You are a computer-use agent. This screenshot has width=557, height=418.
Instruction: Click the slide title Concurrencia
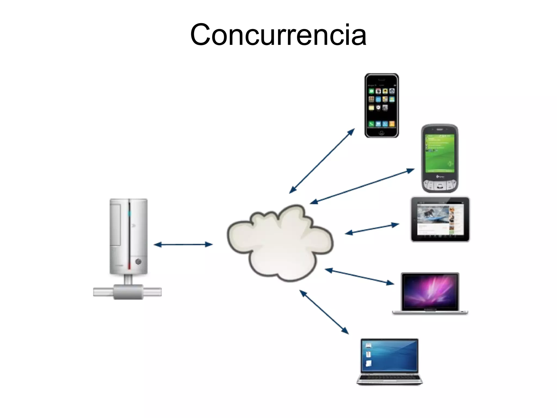(278, 35)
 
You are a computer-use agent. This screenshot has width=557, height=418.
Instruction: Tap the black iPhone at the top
(381, 105)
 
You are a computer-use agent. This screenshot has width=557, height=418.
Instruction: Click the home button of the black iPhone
(382, 133)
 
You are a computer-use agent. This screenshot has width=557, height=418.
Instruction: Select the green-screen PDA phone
(440, 158)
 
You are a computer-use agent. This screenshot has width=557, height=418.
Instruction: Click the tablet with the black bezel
(440, 219)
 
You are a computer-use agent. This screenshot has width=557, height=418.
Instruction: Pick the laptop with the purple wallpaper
(430, 293)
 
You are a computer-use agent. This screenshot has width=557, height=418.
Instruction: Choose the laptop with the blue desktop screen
(389, 361)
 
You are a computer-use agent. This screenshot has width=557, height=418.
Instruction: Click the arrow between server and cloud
(183, 245)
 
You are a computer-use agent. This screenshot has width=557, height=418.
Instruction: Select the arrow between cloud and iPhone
(322, 161)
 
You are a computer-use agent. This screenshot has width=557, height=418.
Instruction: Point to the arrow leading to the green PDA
(362, 186)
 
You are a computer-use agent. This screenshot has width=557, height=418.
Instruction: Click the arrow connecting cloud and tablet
(372, 229)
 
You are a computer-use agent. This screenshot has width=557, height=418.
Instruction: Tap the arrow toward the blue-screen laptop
(324, 312)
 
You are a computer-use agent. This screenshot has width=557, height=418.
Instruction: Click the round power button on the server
(138, 262)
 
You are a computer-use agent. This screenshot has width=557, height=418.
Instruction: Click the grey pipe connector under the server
(128, 292)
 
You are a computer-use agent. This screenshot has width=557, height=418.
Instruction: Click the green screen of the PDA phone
(440, 153)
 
